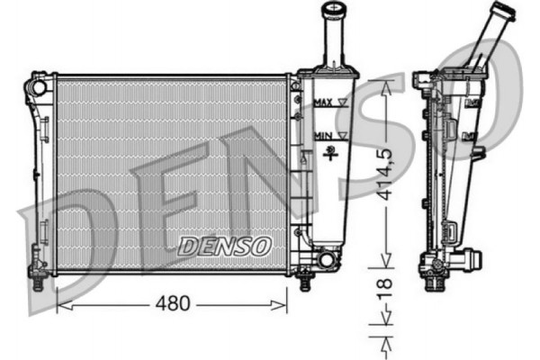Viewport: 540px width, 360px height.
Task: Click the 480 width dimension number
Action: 171,304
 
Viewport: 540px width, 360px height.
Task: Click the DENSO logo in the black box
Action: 222,245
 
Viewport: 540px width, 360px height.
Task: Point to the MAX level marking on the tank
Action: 324,103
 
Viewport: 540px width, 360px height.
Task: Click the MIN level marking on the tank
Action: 322,135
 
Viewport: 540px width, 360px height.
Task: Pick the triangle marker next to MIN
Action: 341,135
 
